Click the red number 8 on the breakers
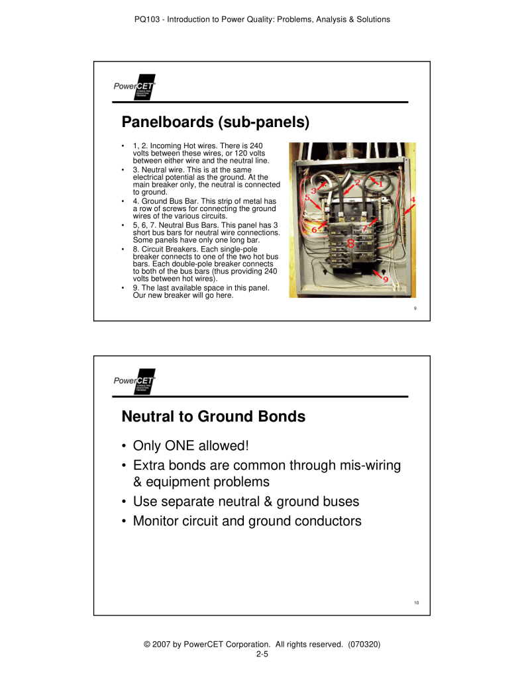351,243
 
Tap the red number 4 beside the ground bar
412,199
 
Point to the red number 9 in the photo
386,279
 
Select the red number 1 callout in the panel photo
380,184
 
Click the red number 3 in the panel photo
313,191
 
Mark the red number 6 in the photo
314,229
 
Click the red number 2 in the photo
358,182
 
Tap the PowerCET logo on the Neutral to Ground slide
134,381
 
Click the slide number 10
415,602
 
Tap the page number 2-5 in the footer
262,654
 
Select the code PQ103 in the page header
148,19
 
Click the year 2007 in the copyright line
158,644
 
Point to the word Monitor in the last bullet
160,521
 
